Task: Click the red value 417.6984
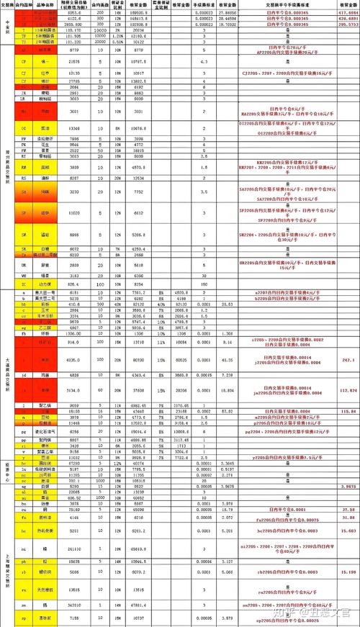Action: pyautogui.click(x=348, y=12)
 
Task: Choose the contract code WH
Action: pyautogui.click(x=24, y=275)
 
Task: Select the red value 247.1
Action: pyautogui.click(x=348, y=359)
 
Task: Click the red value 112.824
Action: pyautogui.click(x=348, y=390)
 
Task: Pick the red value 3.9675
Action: pyautogui.click(x=348, y=486)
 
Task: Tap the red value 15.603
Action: pyautogui.click(x=348, y=530)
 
